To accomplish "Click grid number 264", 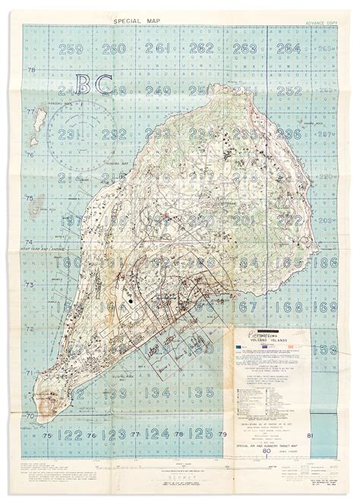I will (288, 50).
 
